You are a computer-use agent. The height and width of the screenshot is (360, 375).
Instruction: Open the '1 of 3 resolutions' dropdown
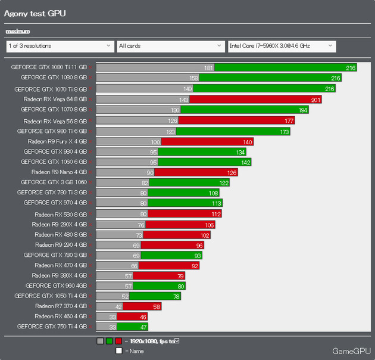coord(60,45)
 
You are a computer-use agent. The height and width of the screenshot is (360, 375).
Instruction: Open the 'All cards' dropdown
coord(170,45)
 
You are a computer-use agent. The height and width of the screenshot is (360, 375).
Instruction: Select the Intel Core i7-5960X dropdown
coord(281,45)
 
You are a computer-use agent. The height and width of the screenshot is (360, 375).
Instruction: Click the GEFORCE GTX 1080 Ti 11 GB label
coord(49,67)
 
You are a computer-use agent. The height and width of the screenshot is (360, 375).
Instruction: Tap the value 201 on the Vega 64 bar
coord(315,99)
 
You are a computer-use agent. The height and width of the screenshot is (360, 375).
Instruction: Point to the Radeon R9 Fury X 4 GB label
coord(57,141)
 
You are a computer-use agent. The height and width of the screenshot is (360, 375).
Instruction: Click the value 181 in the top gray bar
coord(208,68)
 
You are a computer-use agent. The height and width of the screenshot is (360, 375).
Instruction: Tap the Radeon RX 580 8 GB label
coord(61,213)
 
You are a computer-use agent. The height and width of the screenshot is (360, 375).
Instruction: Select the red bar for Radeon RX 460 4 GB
coord(135,316)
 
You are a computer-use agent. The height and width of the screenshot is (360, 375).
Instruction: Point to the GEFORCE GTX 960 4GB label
coord(57,285)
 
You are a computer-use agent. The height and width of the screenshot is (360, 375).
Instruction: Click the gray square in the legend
coord(100,342)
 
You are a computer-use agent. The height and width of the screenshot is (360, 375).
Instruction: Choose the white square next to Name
coord(119,351)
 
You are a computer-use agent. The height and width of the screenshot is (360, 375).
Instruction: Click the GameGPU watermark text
coord(351,350)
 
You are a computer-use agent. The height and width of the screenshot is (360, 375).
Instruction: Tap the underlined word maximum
coord(18,31)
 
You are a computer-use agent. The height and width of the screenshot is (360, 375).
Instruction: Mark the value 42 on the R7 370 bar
coord(118,306)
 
